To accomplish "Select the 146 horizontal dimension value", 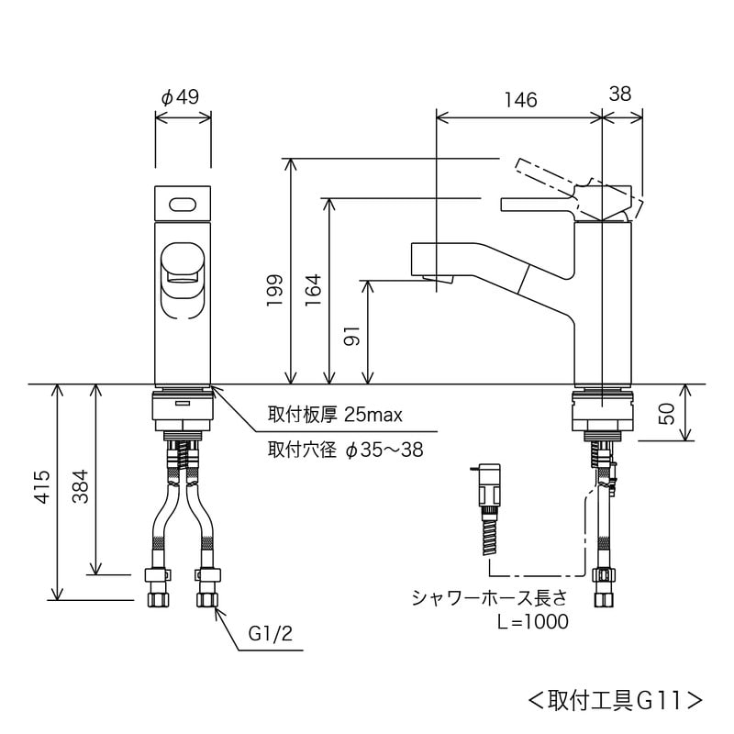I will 520,100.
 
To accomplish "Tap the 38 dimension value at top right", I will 620,93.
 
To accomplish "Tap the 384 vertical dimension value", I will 80,480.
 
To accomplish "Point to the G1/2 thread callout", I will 269,634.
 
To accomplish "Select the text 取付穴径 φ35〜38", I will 345,450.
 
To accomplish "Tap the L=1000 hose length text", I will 532,621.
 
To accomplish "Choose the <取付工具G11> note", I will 616,700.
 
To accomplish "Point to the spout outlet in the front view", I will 182,271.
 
